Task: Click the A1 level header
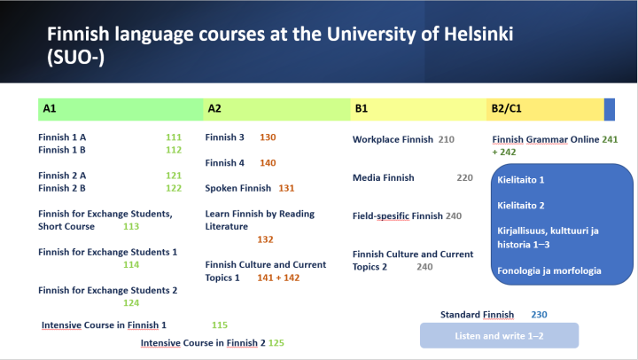(x=50, y=109)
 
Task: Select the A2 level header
(x=214, y=109)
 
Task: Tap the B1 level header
(x=362, y=109)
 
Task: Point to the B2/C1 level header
(x=506, y=109)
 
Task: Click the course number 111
(x=173, y=137)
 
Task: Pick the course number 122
(x=173, y=188)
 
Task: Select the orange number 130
(x=268, y=137)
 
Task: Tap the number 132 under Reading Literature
(x=265, y=239)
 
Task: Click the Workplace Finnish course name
(x=393, y=139)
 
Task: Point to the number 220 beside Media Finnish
(x=465, y=177)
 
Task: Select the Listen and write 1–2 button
(x=499, y=336)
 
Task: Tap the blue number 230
(x=539, y=315)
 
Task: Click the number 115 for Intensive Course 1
(x=220, y=325)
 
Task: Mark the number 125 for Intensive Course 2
(x=276, y=342)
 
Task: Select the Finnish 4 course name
(x=225, y=163)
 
